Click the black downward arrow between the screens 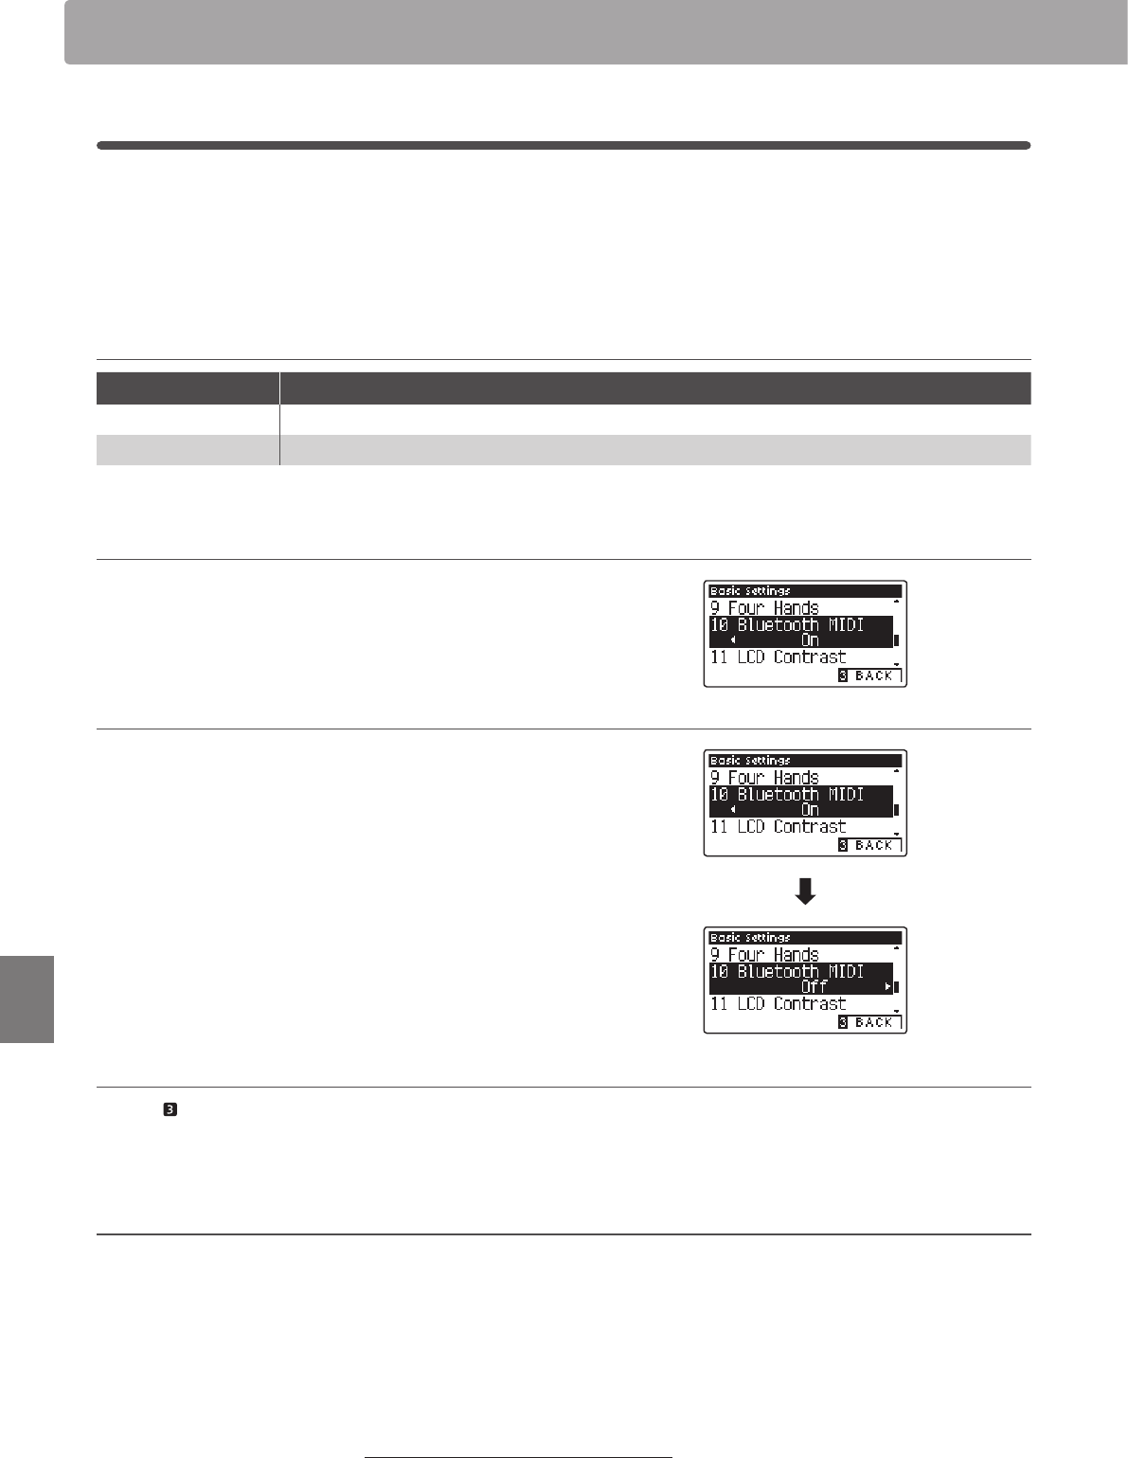(x=805, y=891)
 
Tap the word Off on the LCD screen (x=815, y=986)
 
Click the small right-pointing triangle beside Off (x=887, y=986)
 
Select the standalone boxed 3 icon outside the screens (x=170, y=1109)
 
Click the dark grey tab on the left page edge (x=27, y=999)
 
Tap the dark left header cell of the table (x=188, y=387)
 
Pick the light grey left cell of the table (x=188, y=450)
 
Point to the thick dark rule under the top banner (x=564, y=146)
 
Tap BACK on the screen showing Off (x=874, y=1022)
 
